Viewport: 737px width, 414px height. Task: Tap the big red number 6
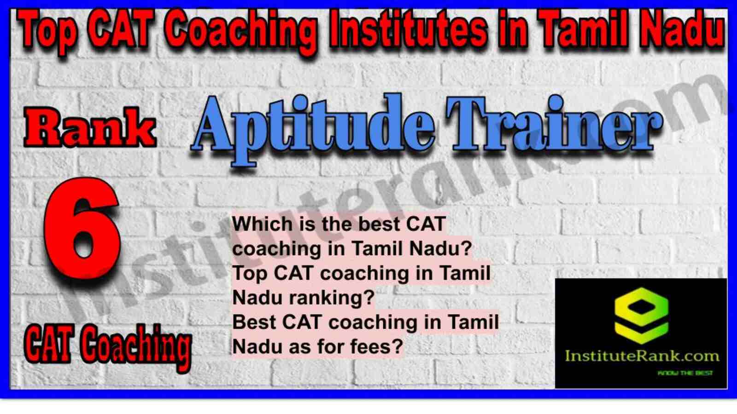(x=82, y=230)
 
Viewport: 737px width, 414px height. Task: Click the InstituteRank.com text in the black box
(x=642, y=356)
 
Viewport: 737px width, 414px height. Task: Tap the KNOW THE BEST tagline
(x=685, y=373)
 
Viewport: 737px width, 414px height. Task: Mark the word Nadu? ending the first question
(x=441, y=248)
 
